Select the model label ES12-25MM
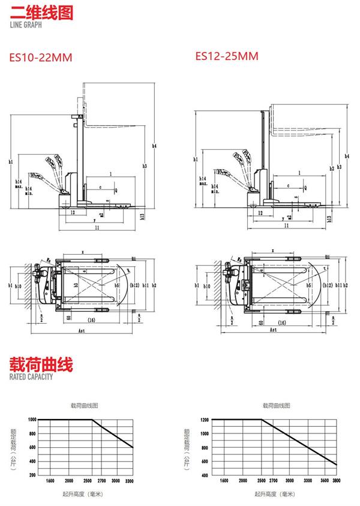point(227,56)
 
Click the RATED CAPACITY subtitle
point(31,377)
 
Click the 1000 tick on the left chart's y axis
point(32,419)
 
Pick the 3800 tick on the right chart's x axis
point(336,481)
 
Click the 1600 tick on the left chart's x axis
point(50,481)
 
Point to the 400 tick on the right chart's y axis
point(205,475)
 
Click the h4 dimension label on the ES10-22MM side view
point(154,146)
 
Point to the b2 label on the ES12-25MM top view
point(349,285)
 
